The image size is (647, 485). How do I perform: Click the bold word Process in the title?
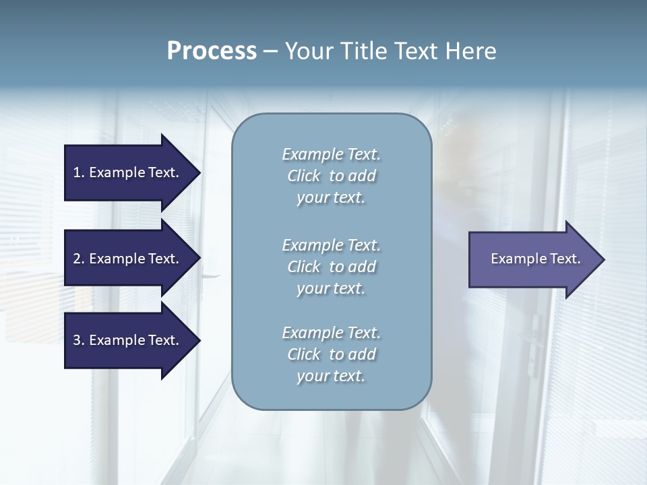(x=212, y=51)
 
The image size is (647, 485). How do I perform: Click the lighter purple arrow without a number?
(x=532, y=259)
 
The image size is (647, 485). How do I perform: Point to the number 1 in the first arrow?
(x=77, y=172)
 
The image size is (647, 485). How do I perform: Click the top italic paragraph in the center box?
(x=331, y=176)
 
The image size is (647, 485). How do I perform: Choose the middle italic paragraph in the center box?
(x=331, y=267)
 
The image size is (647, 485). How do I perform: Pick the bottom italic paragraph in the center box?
(x=331, y=354)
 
